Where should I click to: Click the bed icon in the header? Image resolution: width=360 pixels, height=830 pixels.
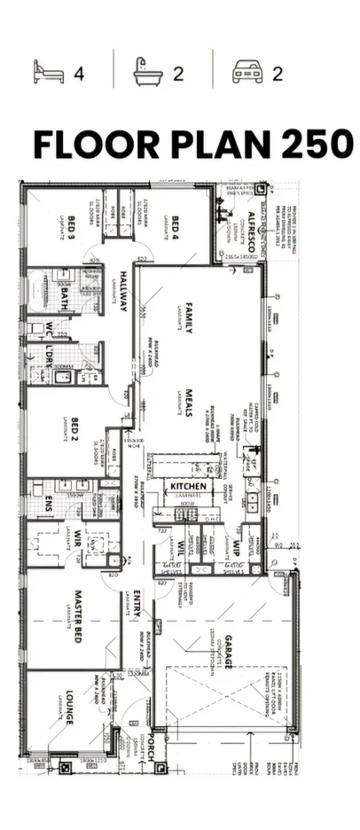click(x=48, y=72)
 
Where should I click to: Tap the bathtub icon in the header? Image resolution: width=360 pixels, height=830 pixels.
click(x=147, y=72)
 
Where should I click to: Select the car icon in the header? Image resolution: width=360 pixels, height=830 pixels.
click(x=247, y=72)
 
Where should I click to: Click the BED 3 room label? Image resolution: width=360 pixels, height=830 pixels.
click(x=70, y=232)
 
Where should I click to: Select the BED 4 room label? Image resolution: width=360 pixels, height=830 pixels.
click(x=176, y=229)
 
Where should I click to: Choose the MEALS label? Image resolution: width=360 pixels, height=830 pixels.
click(x=189, y=403)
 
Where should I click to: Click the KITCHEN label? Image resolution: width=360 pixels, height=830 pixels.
click(x=189, y=487)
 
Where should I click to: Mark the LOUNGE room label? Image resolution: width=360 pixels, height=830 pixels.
click(x=69, y=708)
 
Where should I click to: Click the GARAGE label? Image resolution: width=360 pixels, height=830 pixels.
click(x=227, y=652)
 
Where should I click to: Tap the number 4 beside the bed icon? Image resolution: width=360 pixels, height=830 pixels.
click(x=79, y=73)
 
